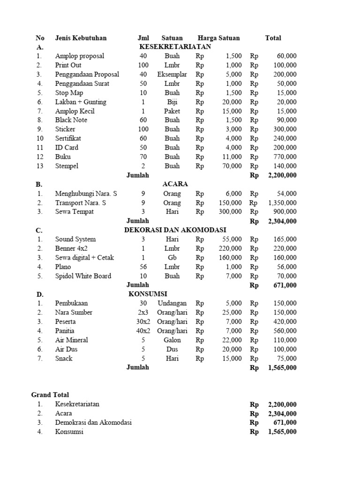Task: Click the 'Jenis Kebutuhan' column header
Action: pyautogui.click(x=81, y=38)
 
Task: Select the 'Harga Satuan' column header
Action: pyautogui.click(x=218, y=38)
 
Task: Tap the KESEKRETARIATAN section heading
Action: pyautogui.click(x=175, y=47)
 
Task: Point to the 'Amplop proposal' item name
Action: pyautogui.click(x=80, y=56)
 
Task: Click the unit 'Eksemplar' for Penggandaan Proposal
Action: pyautogui.click(x=172, y=75)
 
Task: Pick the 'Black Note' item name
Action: pyautogui.click(x=71, y=120)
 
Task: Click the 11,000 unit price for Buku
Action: pyautogui.click(x=230, y=157)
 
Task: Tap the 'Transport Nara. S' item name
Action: pyautogui.click(x=81, y=203)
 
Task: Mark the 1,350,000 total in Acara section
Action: pyautogui.click(x=282, y=203)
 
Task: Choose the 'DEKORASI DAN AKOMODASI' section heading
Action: pyautogui.click(x=175, y=230)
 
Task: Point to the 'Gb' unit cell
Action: pyautogui.click(x=172, y=258)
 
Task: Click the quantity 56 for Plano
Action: pyautogui.click(x=143, y=267)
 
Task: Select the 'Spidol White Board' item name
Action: pyautogui.click(x=83, y=276)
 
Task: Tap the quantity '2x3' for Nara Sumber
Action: pyautogui.click(x=143, y=313)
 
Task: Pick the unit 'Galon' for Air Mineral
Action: pyautogui.click(x=172, y=340)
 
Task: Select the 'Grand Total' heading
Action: pyautogui.click(x=50, y=395)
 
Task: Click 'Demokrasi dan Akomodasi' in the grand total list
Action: pyautogui.click(x=93, y=423)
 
